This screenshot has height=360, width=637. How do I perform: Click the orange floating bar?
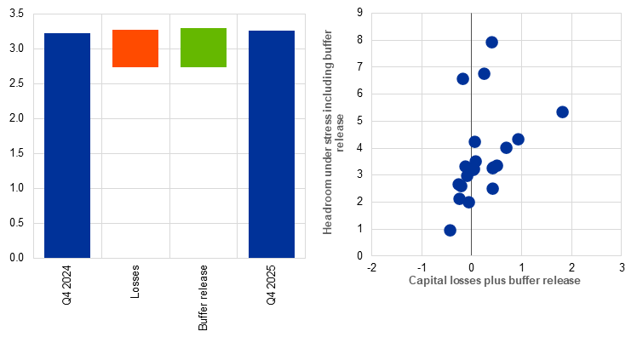tap(135, 49)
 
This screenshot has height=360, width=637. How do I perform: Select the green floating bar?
tap(204, 48)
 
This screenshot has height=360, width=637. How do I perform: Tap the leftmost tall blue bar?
tap(67, 145)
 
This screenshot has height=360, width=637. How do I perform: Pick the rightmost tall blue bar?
tap(272, 144)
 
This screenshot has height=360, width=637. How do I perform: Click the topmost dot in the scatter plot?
tap(491, 43)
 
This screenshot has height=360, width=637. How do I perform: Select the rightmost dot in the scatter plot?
tap(562, 111)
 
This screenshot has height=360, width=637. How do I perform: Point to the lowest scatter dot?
tap(450, 230)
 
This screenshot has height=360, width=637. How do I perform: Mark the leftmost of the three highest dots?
tap(462, 78)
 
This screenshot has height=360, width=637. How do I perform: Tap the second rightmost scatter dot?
tap(518, 139)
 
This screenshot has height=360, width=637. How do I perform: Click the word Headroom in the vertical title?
tap(328, 209)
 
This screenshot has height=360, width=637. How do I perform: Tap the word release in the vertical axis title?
tap(341, 132)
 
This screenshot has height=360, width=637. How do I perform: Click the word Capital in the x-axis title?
tap(427, 280)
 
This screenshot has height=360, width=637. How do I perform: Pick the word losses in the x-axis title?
tap(465, 280)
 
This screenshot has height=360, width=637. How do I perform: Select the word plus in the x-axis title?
tap(496, 280)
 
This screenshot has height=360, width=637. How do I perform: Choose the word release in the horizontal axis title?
tap(563, 280)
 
